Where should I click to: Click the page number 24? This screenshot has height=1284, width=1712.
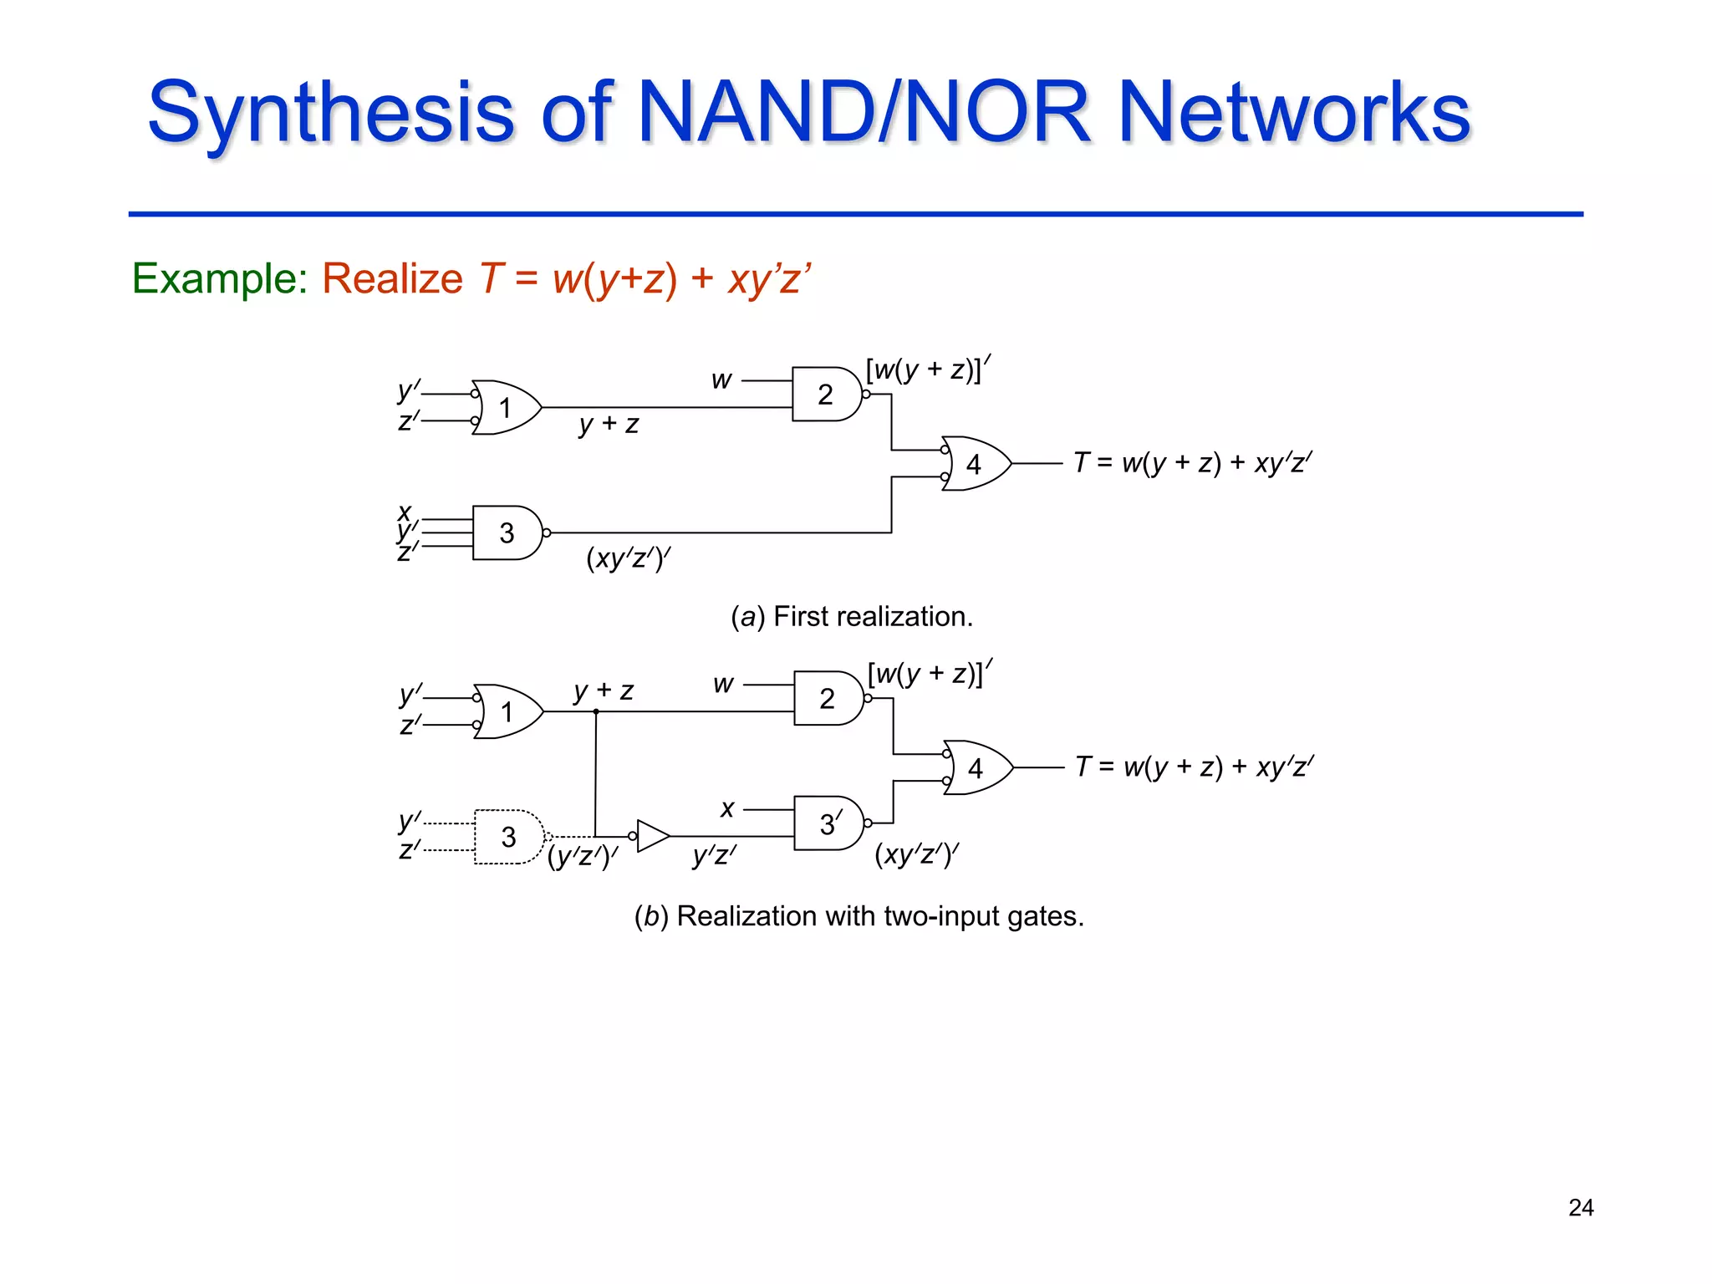pyautogui.click(x=1580, y=1208)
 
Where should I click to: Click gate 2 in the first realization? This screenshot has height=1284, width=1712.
pyautogui.click(x=826, y=394)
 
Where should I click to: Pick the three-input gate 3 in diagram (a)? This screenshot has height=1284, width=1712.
pyautogui.click(x=507, y=532)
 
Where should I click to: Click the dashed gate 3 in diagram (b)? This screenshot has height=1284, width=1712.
pyautogui.click(x=508, y=837)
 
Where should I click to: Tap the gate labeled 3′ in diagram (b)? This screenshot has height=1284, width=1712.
pyautogui.click(x=828, y=823)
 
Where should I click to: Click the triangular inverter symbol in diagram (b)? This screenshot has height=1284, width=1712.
pyautogui.click(x=652, y=836)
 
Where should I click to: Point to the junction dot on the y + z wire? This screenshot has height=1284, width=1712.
pyautogui.click(x=596, y=711)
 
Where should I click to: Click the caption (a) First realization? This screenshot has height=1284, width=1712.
pyautogui.click(x=851, y=617)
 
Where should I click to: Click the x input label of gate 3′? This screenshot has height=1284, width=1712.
pyautogui.click(x=727, y=808)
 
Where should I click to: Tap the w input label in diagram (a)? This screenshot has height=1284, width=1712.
pyautogui.click(x=721, y=380)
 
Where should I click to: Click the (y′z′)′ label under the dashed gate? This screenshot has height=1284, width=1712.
pyautogui.click(x=583, y=857)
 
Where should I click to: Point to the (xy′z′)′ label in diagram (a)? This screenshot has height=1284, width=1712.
pyautogui.click(x=629, y=558)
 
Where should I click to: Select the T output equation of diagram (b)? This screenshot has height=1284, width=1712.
pyautogui.click(x=1195, y=767)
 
